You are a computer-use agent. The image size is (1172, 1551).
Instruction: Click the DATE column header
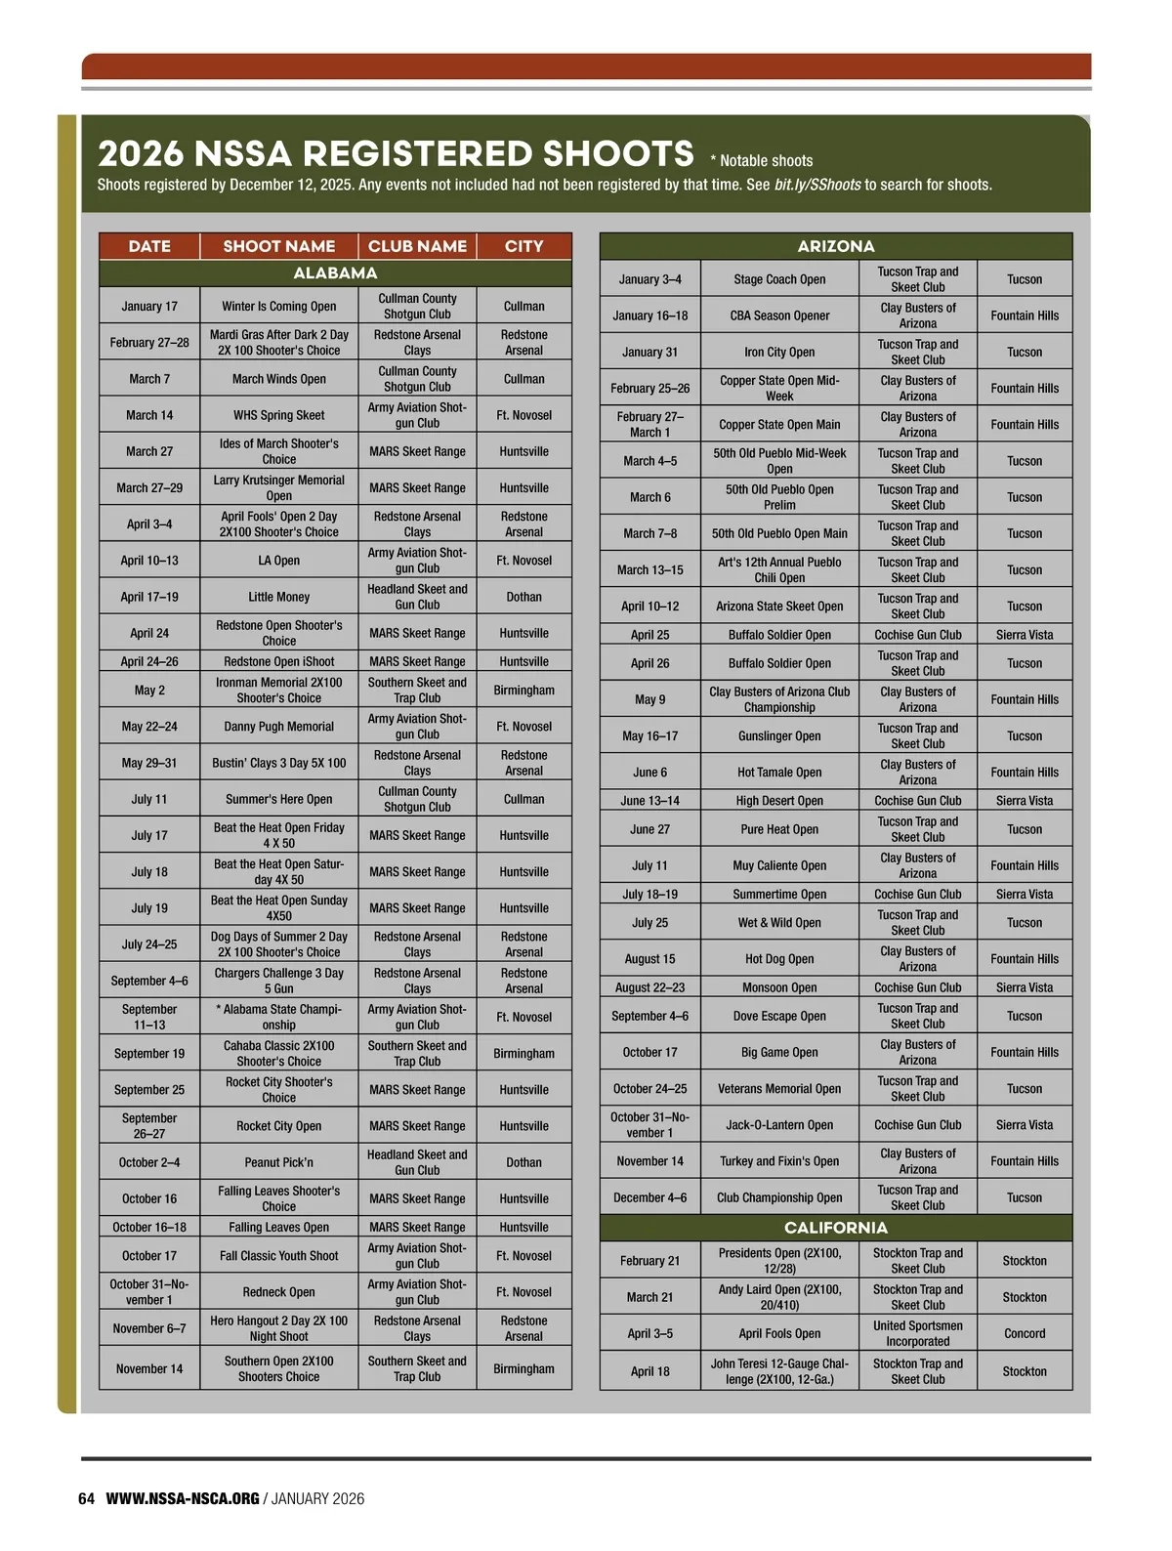tap(149, 246)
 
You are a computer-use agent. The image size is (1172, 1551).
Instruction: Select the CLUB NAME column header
tap(417, 246)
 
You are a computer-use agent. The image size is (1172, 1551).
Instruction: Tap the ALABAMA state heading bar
tap(335, 273)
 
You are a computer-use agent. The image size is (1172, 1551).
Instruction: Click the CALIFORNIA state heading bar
tap(835, 1228)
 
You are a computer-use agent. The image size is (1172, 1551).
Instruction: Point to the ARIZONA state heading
tap(835, 246)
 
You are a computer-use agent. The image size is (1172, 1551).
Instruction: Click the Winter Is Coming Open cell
tap(278, 306)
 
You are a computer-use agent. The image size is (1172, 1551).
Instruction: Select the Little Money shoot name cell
tap(278, 597)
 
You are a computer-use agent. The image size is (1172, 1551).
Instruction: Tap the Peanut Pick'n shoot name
tap(278, 1162)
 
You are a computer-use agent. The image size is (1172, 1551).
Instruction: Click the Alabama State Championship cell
tap(278, 1017)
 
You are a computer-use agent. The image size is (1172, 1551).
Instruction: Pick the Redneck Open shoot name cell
tap(278, 1292)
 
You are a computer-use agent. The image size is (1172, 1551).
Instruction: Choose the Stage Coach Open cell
tap(779, 279)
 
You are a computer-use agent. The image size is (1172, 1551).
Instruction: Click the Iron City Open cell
tap(779, 352)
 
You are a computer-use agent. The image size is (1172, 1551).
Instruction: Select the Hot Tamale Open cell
tap(779, 772)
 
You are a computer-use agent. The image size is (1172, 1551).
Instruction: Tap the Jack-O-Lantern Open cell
tap(779, 1125)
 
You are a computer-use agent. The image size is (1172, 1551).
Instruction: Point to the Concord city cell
tap(1024, 1333)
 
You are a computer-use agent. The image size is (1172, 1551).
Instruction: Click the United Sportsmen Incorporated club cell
tap(917, 1333)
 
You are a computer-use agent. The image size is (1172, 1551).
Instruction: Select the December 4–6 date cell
tap(649, 1197)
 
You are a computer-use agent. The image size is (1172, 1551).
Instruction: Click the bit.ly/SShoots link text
tap(817, 185)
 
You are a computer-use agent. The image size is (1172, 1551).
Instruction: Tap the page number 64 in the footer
tap(86, 1498)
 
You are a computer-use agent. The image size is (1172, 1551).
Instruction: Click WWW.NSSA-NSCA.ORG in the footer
tap(183, 1498)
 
